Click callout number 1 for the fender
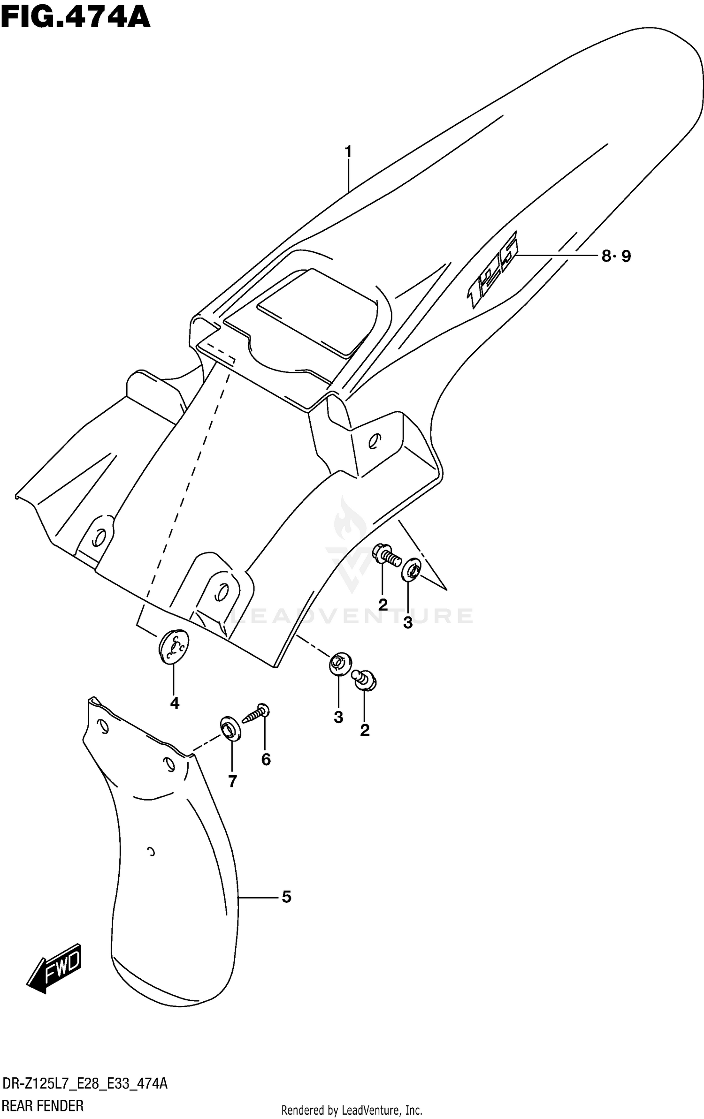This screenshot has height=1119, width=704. [348, 152]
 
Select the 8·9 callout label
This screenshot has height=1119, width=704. [616, 256]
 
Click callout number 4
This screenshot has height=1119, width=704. [175, 703]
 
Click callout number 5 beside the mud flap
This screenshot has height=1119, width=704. [286, 897]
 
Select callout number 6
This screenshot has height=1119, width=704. [266, 759]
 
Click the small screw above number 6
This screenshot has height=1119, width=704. [255, 715]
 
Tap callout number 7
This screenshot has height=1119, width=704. [232, 781]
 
